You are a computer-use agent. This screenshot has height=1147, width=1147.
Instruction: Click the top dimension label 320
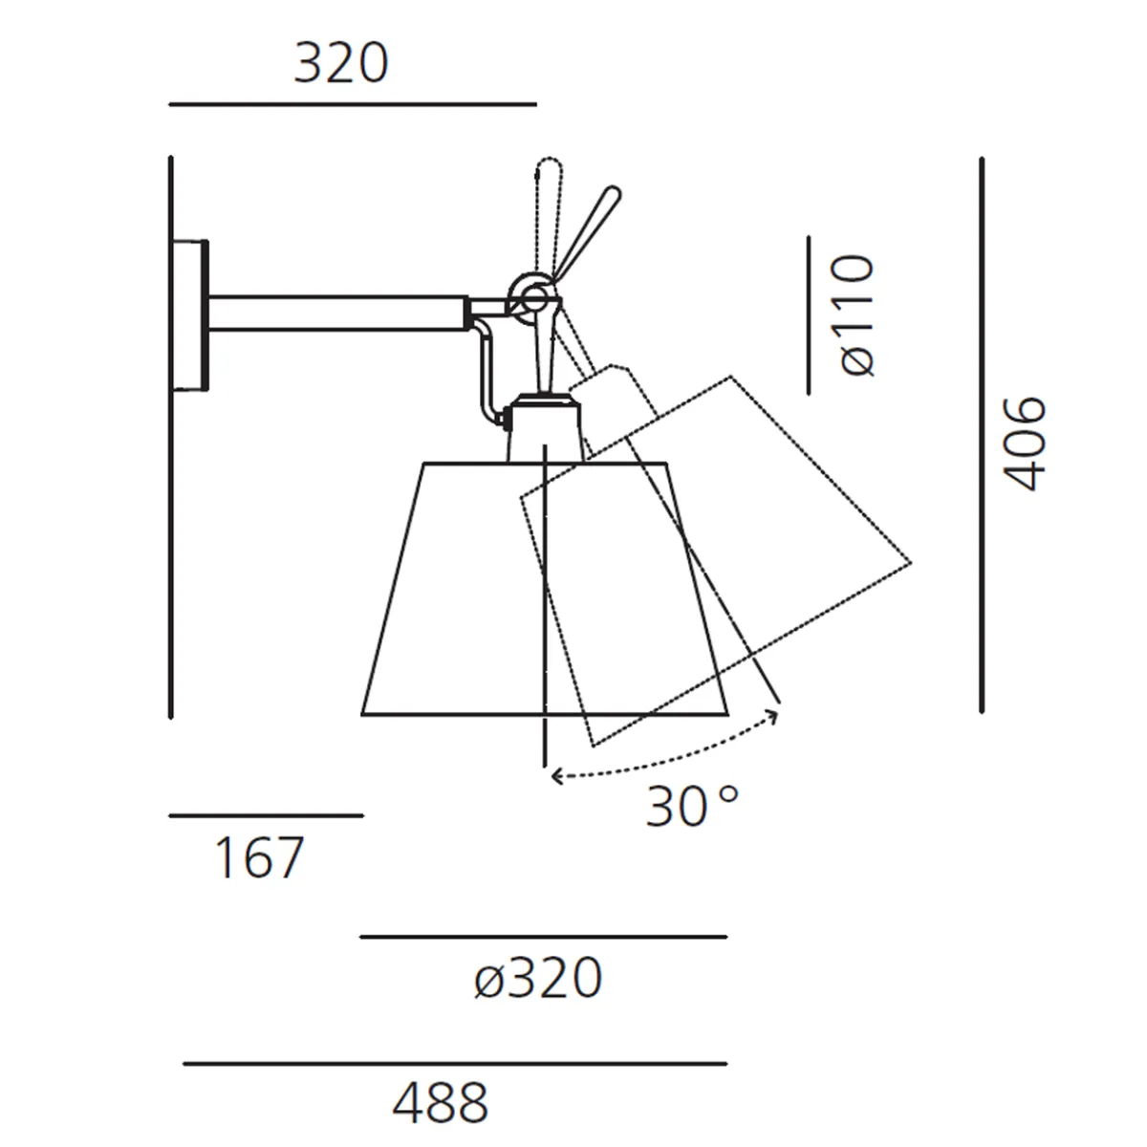tap(341, 63)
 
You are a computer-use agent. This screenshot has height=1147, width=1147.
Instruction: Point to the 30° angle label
tap(692, 807)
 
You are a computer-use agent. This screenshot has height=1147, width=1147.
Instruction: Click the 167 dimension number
tap(260, 857)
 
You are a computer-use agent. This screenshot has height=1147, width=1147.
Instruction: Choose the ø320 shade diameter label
tap(538, 978)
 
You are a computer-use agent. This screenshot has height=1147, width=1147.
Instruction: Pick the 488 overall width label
tap(441, 1102)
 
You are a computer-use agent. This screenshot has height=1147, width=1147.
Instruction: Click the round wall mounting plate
tap(190, 315)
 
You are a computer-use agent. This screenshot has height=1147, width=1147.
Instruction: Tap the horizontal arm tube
tap(336, 313)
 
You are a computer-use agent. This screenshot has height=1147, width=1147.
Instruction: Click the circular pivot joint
tap(529, 295)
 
